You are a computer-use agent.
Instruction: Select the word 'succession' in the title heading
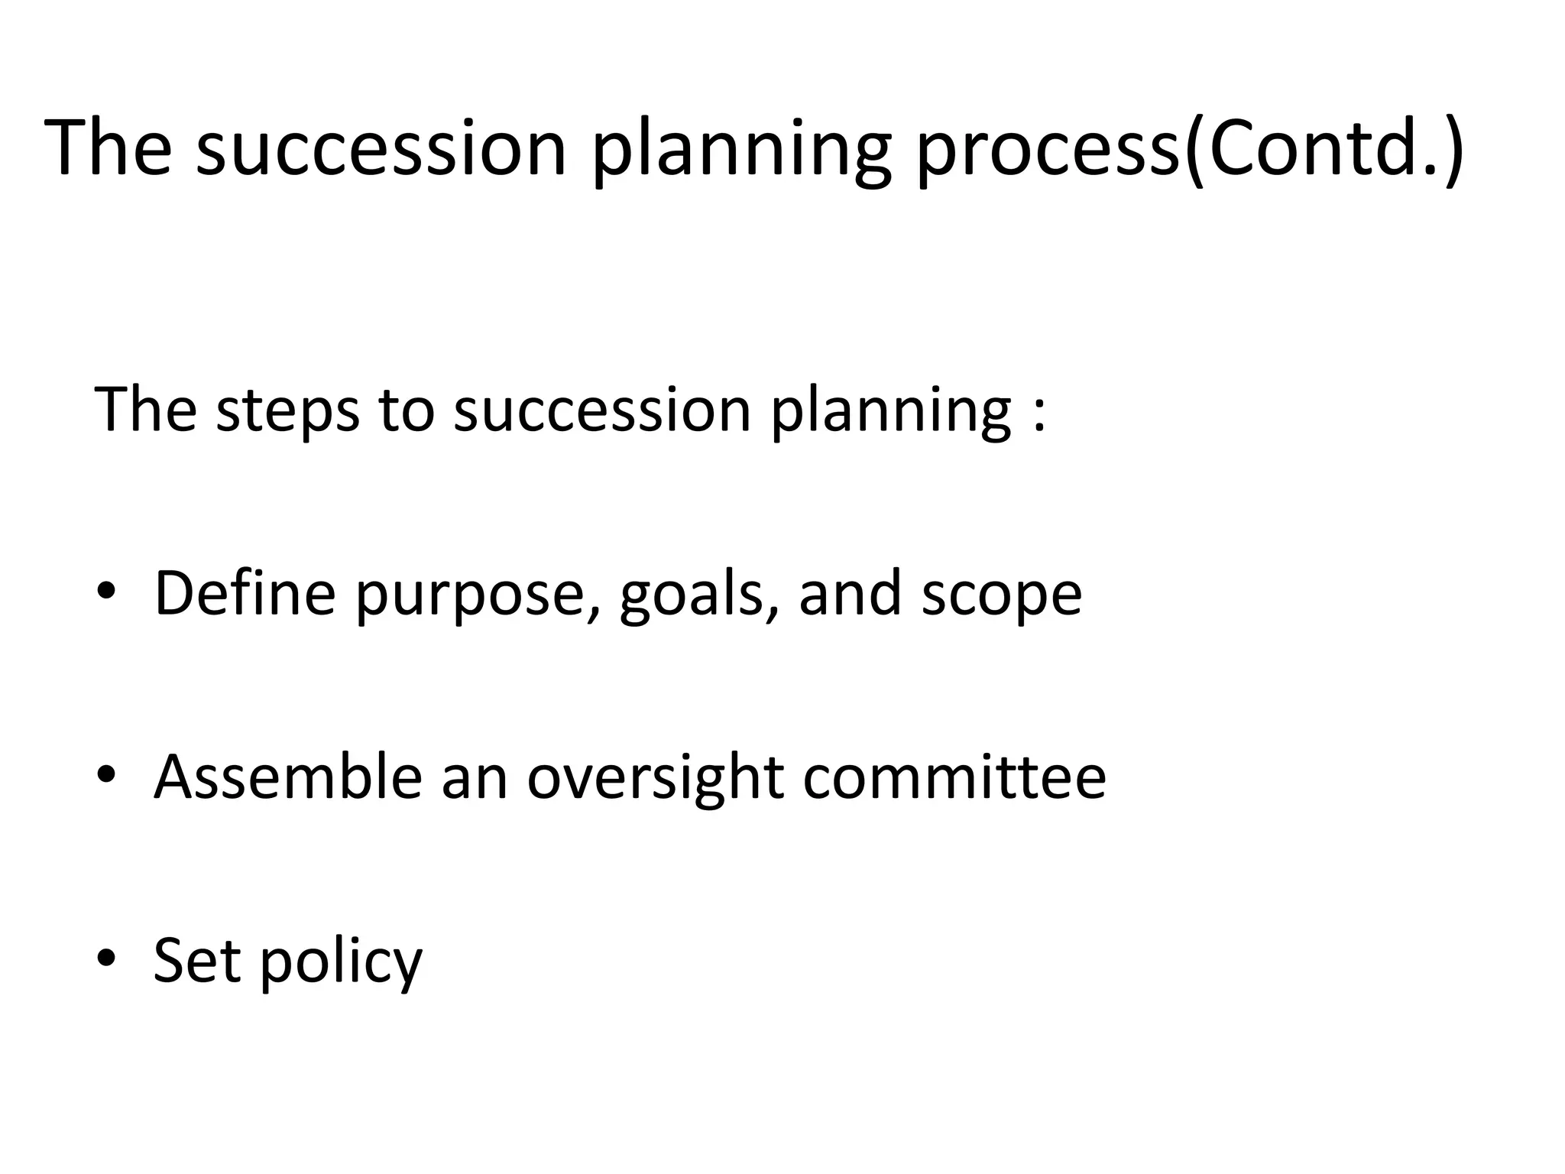coord(381,149)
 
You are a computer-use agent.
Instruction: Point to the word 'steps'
coord(287,411)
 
